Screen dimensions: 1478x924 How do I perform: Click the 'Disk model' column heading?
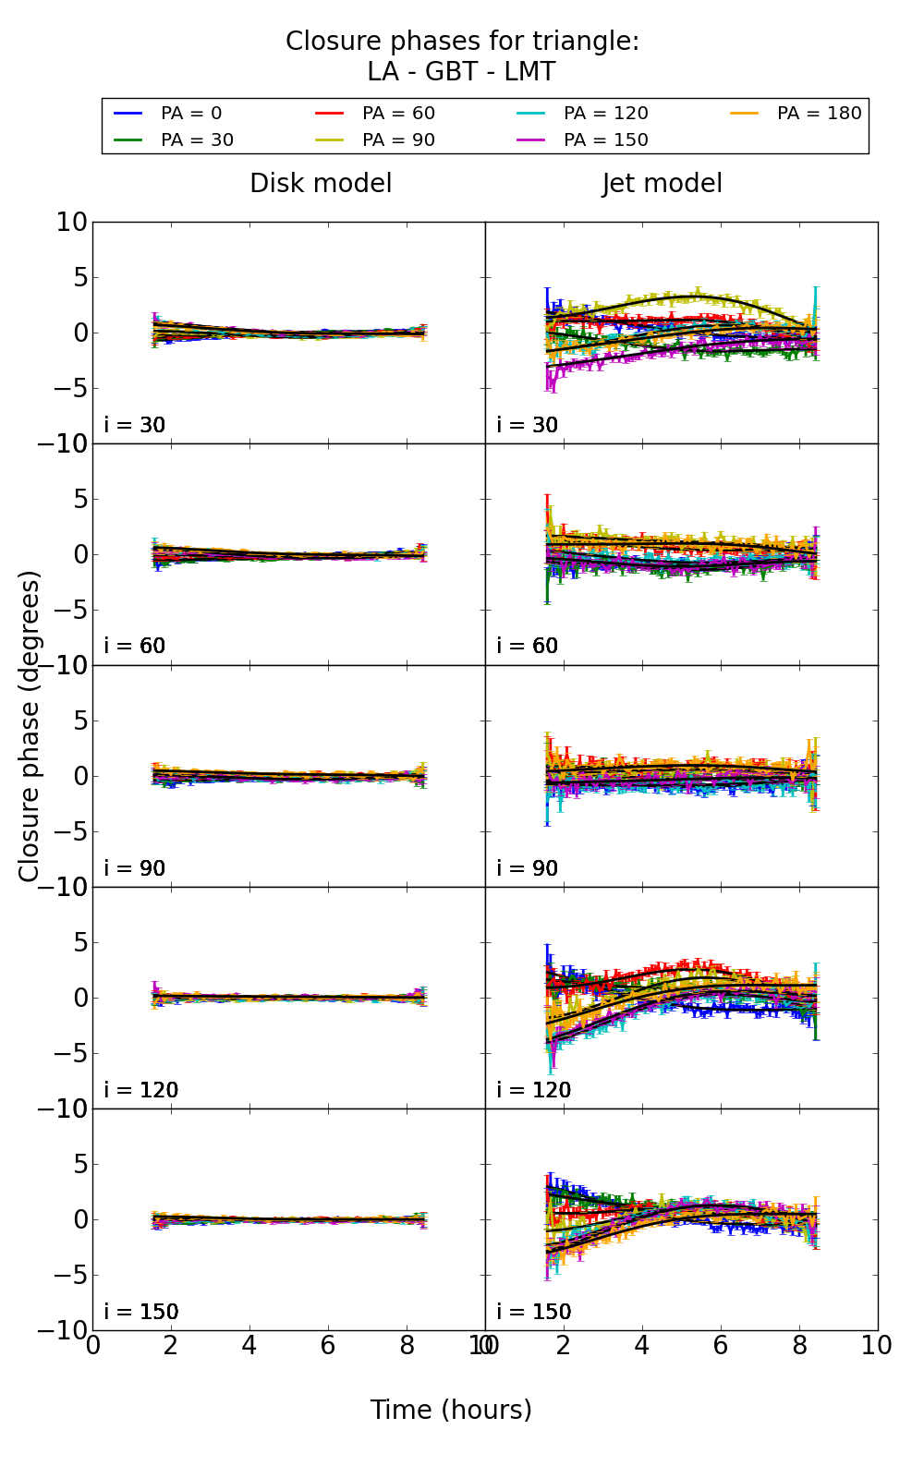pyautogui.click(x=321, y=184)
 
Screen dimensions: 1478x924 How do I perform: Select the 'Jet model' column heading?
pyautogui.click(x=663, y=184)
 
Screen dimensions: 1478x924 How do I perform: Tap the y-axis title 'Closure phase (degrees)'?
pyautogui.click(x=30, y=726)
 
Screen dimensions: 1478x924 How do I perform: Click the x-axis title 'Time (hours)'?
pyautogui.click(x=451, y=1410)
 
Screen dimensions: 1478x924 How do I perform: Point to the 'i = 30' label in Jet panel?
pyautogui.click(x=528, y=425)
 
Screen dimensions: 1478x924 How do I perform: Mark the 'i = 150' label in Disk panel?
pyautogui.click(x=141, y=1312)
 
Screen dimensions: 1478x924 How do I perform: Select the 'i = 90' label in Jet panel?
pyautogui.click(x=528, y=868)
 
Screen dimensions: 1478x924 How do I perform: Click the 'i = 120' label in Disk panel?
pyautogui.click(x=141, y=1090)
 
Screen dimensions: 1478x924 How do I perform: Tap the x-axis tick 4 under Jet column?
pyautogui.click(x=641, y=1346)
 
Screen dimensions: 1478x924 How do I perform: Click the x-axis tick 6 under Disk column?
pyautogui.click(x=327, y=1346)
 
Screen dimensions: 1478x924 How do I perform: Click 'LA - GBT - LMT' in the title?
pyautogui.click(x=461, y=72)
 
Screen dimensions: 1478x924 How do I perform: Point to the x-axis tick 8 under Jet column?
pyautogui.click(x=798, y=1346)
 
